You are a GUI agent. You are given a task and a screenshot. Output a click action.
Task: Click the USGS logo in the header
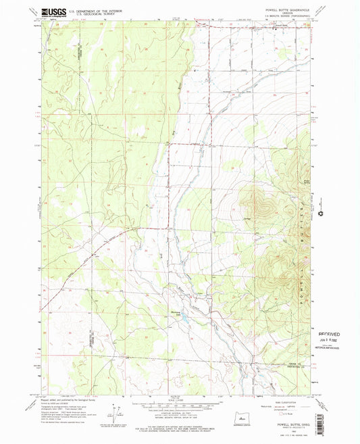pyautogui.click(x=53, y=11)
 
